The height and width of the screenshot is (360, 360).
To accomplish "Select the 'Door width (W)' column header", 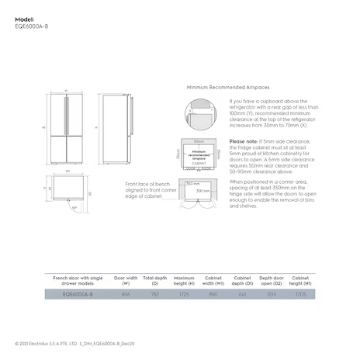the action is pyautogui.click(x=126, y=279).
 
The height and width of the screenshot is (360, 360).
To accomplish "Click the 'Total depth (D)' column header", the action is pyautogui.click(x=154, y=279).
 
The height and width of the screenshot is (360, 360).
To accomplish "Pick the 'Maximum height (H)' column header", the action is pyautogui.click(x=184, y=279).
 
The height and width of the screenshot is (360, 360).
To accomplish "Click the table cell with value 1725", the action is pyautogui.click(x=184, y=295).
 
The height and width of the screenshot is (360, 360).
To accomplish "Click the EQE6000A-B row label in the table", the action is pyautogui.click(x=77, y=295).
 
